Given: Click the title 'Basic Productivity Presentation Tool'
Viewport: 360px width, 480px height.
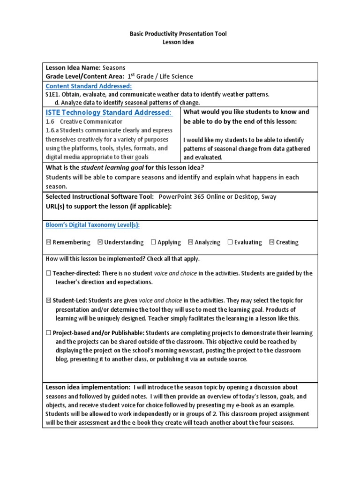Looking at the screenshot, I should click(x=178, y=34).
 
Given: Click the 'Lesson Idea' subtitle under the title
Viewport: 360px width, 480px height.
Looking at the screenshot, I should click(x=178, y=42).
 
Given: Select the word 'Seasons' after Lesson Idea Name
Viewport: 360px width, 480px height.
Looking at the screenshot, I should click(x=114, y=67).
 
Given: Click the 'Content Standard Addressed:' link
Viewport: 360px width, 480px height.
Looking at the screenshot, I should click(x=89, y=86).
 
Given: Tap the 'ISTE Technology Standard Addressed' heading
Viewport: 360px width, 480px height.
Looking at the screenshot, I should click(x=108, y=112).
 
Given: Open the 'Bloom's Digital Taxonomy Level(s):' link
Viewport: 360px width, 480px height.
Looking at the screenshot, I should click(x=92, y=225).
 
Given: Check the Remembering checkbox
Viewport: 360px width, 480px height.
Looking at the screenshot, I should click(x=48, y=242).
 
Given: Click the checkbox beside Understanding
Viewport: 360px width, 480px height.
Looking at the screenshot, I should click(x=100, y=242).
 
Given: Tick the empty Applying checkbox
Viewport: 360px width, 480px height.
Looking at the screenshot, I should click(x=153, y=242).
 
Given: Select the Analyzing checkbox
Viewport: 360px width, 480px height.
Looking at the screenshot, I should click(x=190, y=242).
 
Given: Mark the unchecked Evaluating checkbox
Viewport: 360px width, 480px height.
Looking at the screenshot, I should click(x=230, y=242).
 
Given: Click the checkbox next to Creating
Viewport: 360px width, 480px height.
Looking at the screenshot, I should click(x=272, y=242).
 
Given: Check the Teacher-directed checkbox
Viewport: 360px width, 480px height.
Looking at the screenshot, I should click(x=48, y=273).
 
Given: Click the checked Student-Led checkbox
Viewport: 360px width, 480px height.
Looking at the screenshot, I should click(x=48, y=300).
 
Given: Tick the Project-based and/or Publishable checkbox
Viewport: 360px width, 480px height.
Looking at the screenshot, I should click(x=48, y=333).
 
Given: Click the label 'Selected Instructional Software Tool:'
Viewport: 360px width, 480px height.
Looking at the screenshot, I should click(x=100, y=197).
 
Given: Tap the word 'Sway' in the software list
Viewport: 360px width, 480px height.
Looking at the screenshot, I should click(x=269, y=197).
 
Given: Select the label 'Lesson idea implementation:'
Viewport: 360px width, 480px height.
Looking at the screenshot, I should click(x=88, y=387).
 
